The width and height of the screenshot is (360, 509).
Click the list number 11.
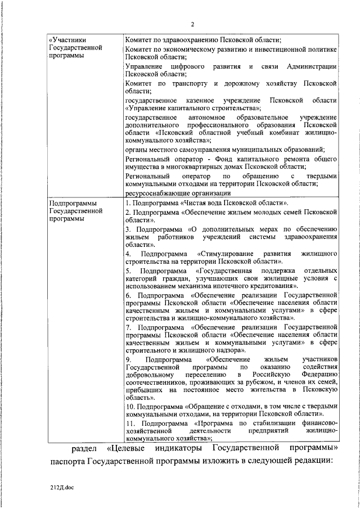(x=129, y=422)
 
